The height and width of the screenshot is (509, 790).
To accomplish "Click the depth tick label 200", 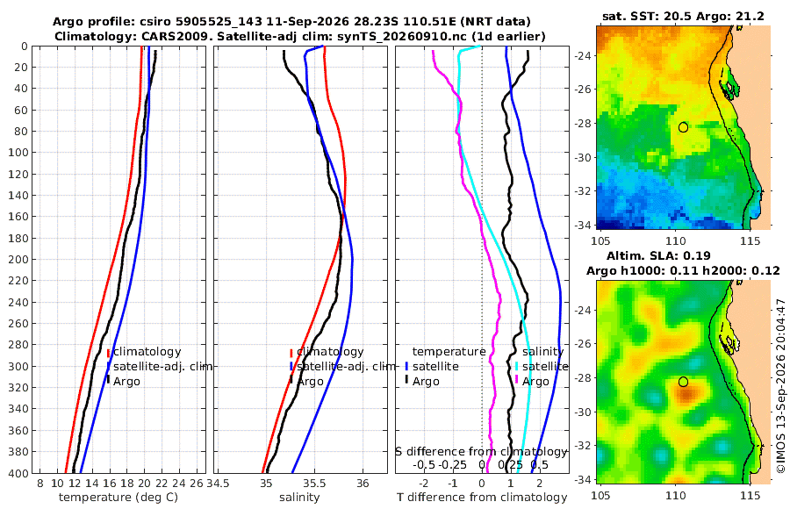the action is pyautogui.click(x=18, y=259).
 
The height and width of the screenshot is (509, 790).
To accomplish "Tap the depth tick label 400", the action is pyautogui.click(x=18, y=473).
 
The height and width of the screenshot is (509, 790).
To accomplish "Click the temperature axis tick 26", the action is pyautogui.click(x=197, y=484).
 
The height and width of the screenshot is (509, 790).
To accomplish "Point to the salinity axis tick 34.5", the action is pyautogui.click(x=219, y=484).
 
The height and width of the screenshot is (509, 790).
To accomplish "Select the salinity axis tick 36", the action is pyautogui.click(x=363, y=484).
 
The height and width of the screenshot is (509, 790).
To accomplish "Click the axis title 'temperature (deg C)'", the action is pyautogui.click(x=118, y=498).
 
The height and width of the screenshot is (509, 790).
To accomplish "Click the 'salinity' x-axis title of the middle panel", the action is pyautogui.click(x=299, y=498).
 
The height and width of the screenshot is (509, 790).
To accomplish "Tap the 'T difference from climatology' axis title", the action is pyautogui.click(x=482, y=498).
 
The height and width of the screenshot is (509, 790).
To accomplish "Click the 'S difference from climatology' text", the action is pyautogui.click(x=481, y=452).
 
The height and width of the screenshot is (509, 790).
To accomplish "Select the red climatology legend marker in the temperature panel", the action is pyautogui.click(x=108, y=353).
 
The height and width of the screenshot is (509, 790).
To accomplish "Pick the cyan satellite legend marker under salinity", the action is pyautogui.click(x=516, y=367).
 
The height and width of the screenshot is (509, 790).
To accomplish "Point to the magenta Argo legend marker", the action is pyautogui.click(x=516, y=382).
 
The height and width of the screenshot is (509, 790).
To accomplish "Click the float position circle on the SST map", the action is pyautogui.click(x=683, y=127).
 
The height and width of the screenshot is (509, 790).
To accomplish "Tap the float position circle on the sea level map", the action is pyautogui.click(x=683, y=382).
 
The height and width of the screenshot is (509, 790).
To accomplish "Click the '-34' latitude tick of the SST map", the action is pyautogui.click(x=584, y=225).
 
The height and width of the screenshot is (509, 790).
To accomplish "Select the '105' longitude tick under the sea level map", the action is pyautogui.click(x=600, y=496).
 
